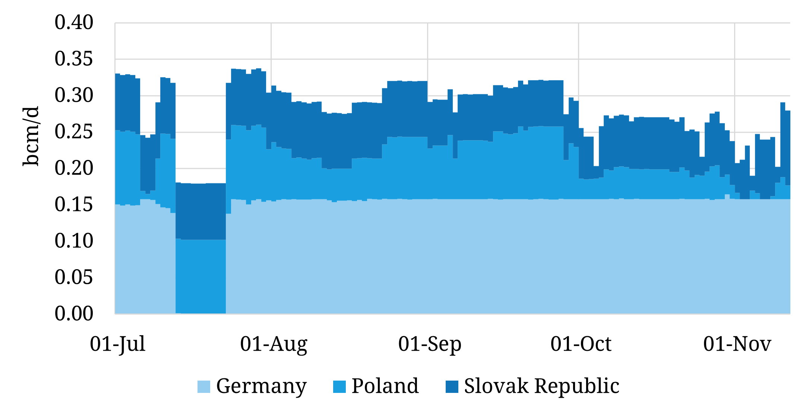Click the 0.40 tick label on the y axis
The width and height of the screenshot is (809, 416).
tap(74, 22)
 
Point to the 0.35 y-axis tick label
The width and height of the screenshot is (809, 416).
tap(74, 59)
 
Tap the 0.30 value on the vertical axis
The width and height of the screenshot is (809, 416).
tap(74, 95)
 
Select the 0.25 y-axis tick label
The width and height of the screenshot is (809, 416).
tap(74, 132)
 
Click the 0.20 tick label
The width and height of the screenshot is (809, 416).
tap(74, 168)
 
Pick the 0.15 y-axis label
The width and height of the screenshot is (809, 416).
tap(74, 205)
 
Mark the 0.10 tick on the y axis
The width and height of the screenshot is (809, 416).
tap(74, 241)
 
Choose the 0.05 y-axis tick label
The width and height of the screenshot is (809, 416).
tap(74, 277)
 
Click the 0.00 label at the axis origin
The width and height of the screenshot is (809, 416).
tap(74, 313)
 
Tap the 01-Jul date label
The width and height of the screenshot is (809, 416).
tap(117, 344)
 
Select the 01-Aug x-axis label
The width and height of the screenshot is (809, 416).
tap(274, 344)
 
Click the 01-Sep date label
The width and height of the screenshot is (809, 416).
tap(430, 344)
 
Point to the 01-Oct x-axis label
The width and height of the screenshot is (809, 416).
tap(581, 344)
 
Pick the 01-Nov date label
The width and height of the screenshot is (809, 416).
tap(737, 344)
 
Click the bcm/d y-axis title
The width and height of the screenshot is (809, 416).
tap(31, 136)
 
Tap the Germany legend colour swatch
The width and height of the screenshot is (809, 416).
tap(204, 387)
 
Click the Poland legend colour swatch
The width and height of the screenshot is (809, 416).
tap(339, 387)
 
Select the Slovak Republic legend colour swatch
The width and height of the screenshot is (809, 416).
tap(452, 387)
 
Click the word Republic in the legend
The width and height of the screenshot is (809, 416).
tap(577, 386)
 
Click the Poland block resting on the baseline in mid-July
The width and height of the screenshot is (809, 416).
tap(200, 276)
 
